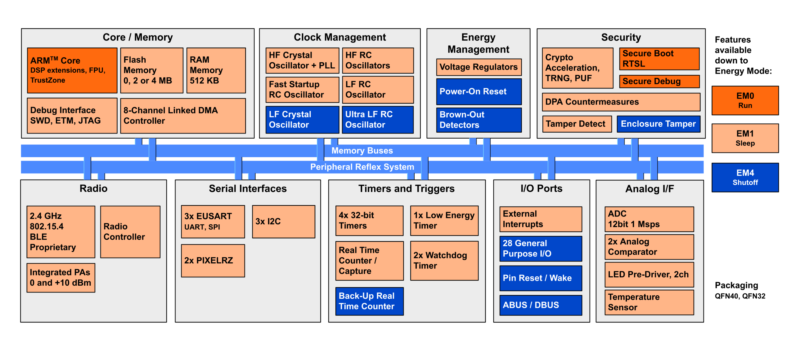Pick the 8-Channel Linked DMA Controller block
(183, 116)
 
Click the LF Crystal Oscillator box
(302, 120)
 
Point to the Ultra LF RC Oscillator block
(378, 120)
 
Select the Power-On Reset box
(479, 91)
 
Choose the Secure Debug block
(659, 81)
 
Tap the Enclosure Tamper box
(658, 124)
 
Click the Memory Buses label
(362, 151)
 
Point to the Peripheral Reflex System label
(362, 167)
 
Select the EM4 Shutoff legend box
(745, 178)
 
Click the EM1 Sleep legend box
(745, 138)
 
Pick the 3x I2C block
(284, 222)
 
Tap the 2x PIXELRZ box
(213, 261)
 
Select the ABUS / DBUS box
(541, 305)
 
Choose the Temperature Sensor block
(649, 302)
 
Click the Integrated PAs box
(61, 277)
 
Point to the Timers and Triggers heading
(406, 189)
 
